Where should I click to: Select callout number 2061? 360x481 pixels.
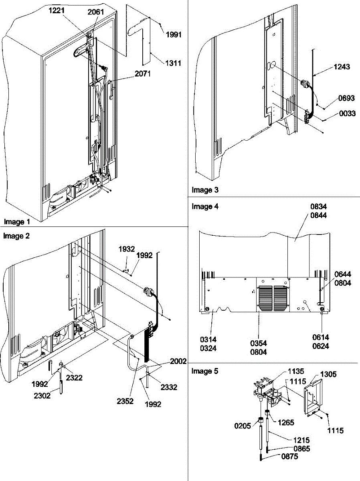(95, 12)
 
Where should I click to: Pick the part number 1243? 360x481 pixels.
(342, 67)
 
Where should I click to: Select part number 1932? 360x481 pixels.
(127, 249)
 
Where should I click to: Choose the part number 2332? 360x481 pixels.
(169, 387)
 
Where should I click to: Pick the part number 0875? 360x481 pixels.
(289, 457)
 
